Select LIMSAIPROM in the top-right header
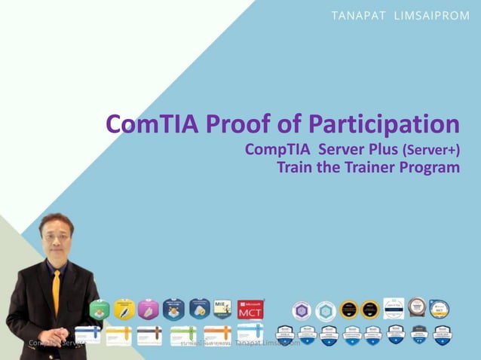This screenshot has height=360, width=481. pos(430,17)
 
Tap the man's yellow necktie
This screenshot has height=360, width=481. pos(56,290)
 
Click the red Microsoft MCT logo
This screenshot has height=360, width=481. pos(250,310)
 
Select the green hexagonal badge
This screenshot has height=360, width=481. pos(100,310)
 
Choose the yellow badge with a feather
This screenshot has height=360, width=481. pos(124,310)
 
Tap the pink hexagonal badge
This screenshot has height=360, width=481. pos(149,310)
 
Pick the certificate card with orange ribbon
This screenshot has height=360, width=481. pos(217,334)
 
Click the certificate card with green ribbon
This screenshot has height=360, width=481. pos(183,334)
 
